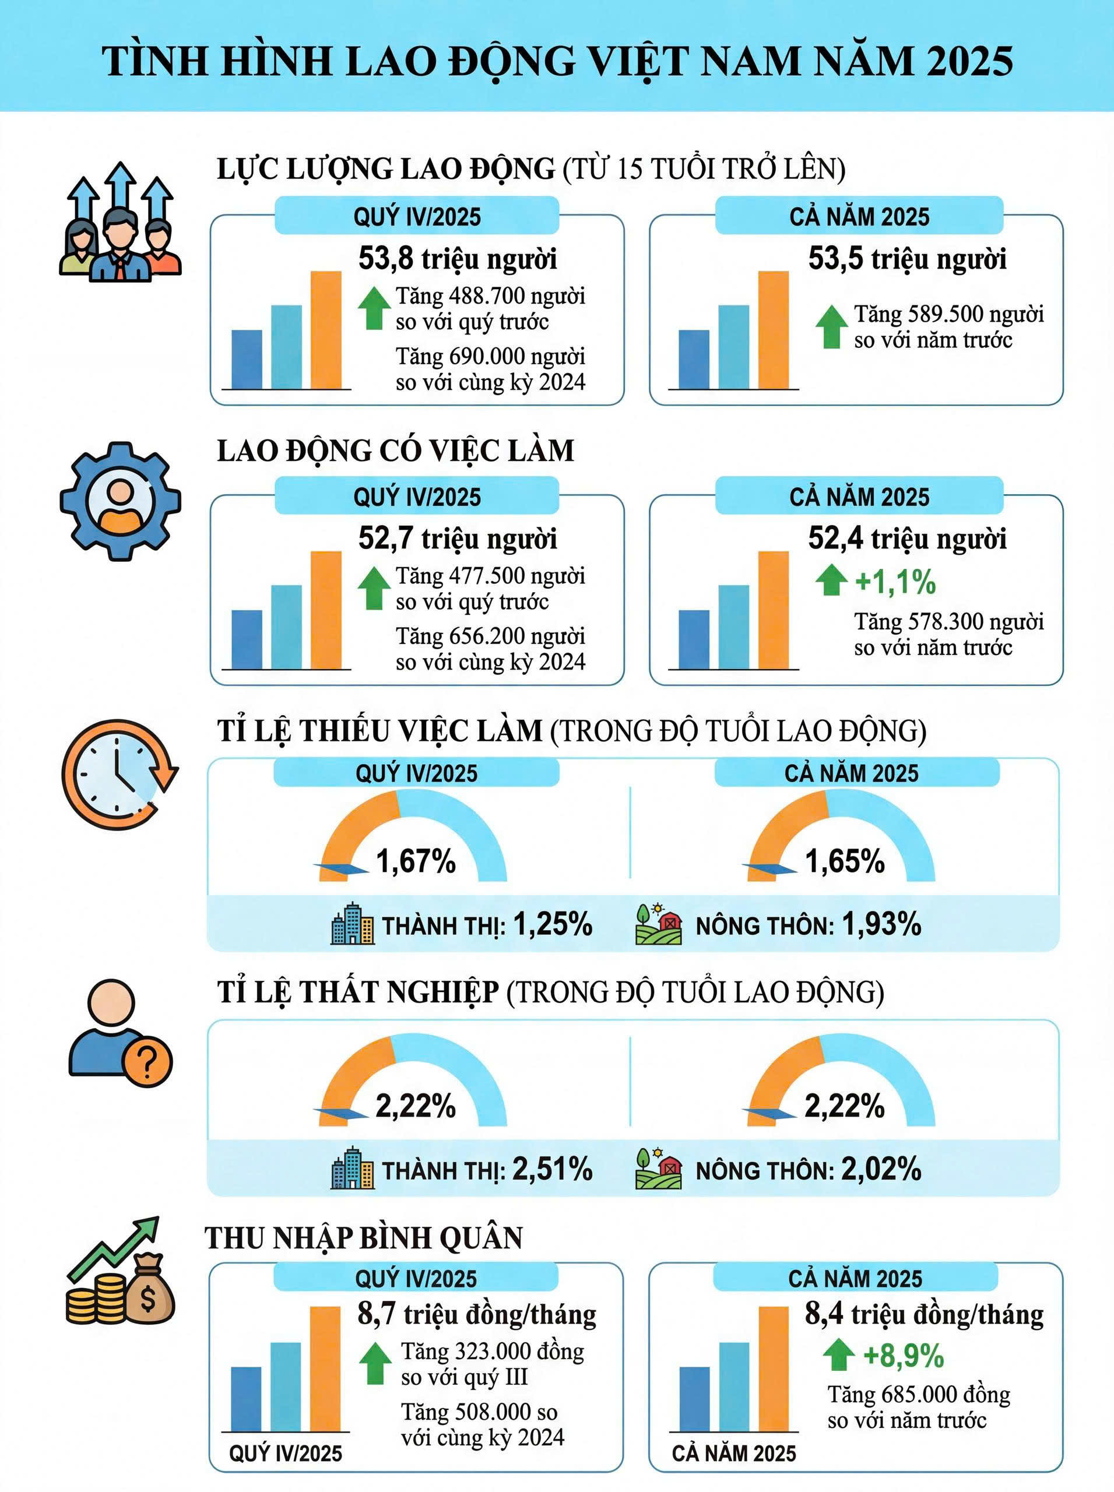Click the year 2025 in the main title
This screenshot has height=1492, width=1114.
(x=969, y=61)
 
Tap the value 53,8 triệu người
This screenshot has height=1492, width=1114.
(x=457, y=259)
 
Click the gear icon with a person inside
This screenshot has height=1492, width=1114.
(x=120, y=501)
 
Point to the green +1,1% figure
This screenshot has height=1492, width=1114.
(x=895, y=582)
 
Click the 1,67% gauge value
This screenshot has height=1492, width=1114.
(x=416, y=861)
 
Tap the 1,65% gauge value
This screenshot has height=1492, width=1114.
(x=844, y=861)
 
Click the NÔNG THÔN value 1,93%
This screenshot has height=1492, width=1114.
(x=881, y=924)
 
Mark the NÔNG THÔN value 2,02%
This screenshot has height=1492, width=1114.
(x=881, y=1170)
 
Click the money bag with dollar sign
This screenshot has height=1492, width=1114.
(x=148, y=1298)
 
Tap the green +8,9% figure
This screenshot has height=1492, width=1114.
(x=903, y=1355)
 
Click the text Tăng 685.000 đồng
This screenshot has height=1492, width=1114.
(x=919, y=1394)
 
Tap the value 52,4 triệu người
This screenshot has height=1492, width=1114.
(x=907, y=539)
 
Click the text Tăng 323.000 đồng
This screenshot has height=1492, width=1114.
(x=492, y=1351)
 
